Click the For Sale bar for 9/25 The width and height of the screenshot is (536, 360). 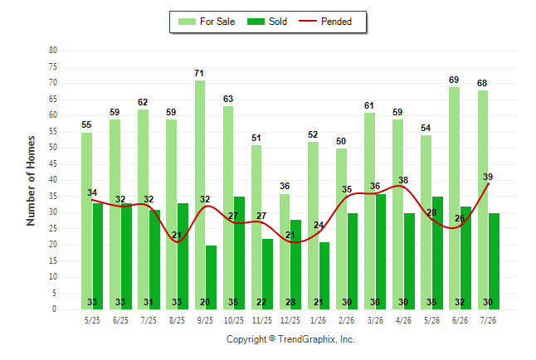pos(200,195)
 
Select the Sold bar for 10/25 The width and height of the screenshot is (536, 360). pos(239,253)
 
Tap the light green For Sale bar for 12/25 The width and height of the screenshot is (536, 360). pos(285,251)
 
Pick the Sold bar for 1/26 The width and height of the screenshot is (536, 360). pos(324,276)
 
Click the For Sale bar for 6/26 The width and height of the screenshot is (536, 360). pos(454,198)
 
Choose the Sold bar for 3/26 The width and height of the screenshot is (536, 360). pos(381,251)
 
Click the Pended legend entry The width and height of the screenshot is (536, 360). pos(325,22)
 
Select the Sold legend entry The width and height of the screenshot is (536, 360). pos(267,22)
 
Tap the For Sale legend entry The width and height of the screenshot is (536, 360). pos(207,22)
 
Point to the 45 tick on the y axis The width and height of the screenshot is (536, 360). pos(53,164)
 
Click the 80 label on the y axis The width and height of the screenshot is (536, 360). pos(53,51)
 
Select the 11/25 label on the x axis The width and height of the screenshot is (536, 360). pos(262,320)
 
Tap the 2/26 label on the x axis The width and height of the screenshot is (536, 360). pos(346,320)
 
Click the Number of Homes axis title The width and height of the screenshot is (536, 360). pos(31,181)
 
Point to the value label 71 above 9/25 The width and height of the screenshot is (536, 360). pos(199,73)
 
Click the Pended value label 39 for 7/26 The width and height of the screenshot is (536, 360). pos(488,177)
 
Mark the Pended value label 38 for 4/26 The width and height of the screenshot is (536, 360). pos(403,180)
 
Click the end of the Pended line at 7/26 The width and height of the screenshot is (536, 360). pos(488,184)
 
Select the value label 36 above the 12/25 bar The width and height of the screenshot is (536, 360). pos(285,186)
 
